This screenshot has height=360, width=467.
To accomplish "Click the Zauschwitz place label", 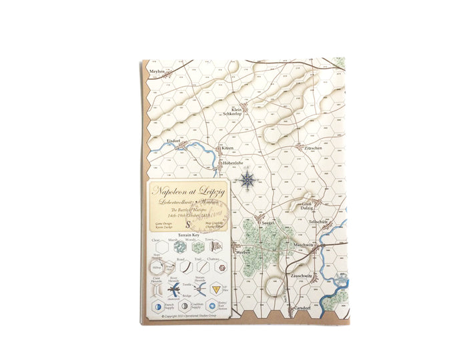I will [x=302, y=275].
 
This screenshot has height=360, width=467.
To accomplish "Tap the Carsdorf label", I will [x=300, y=308].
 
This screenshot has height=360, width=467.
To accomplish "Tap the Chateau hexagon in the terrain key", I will [x=216, y=267].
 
